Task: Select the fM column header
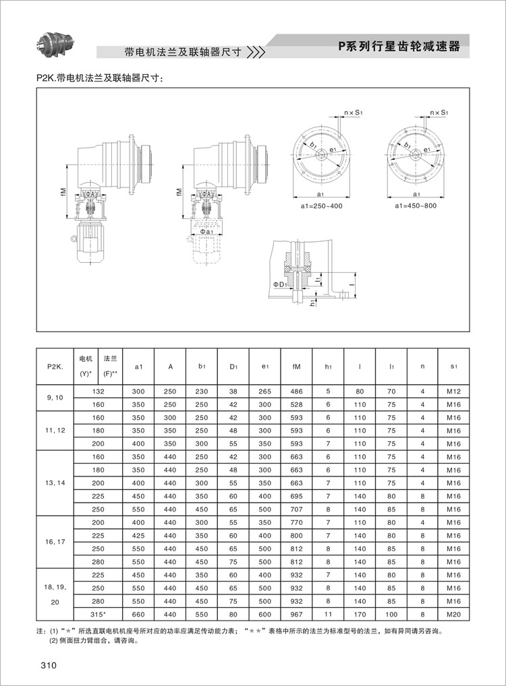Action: [297, 367]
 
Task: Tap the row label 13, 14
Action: [55, 482]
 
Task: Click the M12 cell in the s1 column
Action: [453, 391]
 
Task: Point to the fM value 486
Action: [297, 391]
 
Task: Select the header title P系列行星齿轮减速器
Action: [399, 46]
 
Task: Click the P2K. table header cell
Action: [55, 367]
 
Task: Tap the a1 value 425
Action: [138, 535]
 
